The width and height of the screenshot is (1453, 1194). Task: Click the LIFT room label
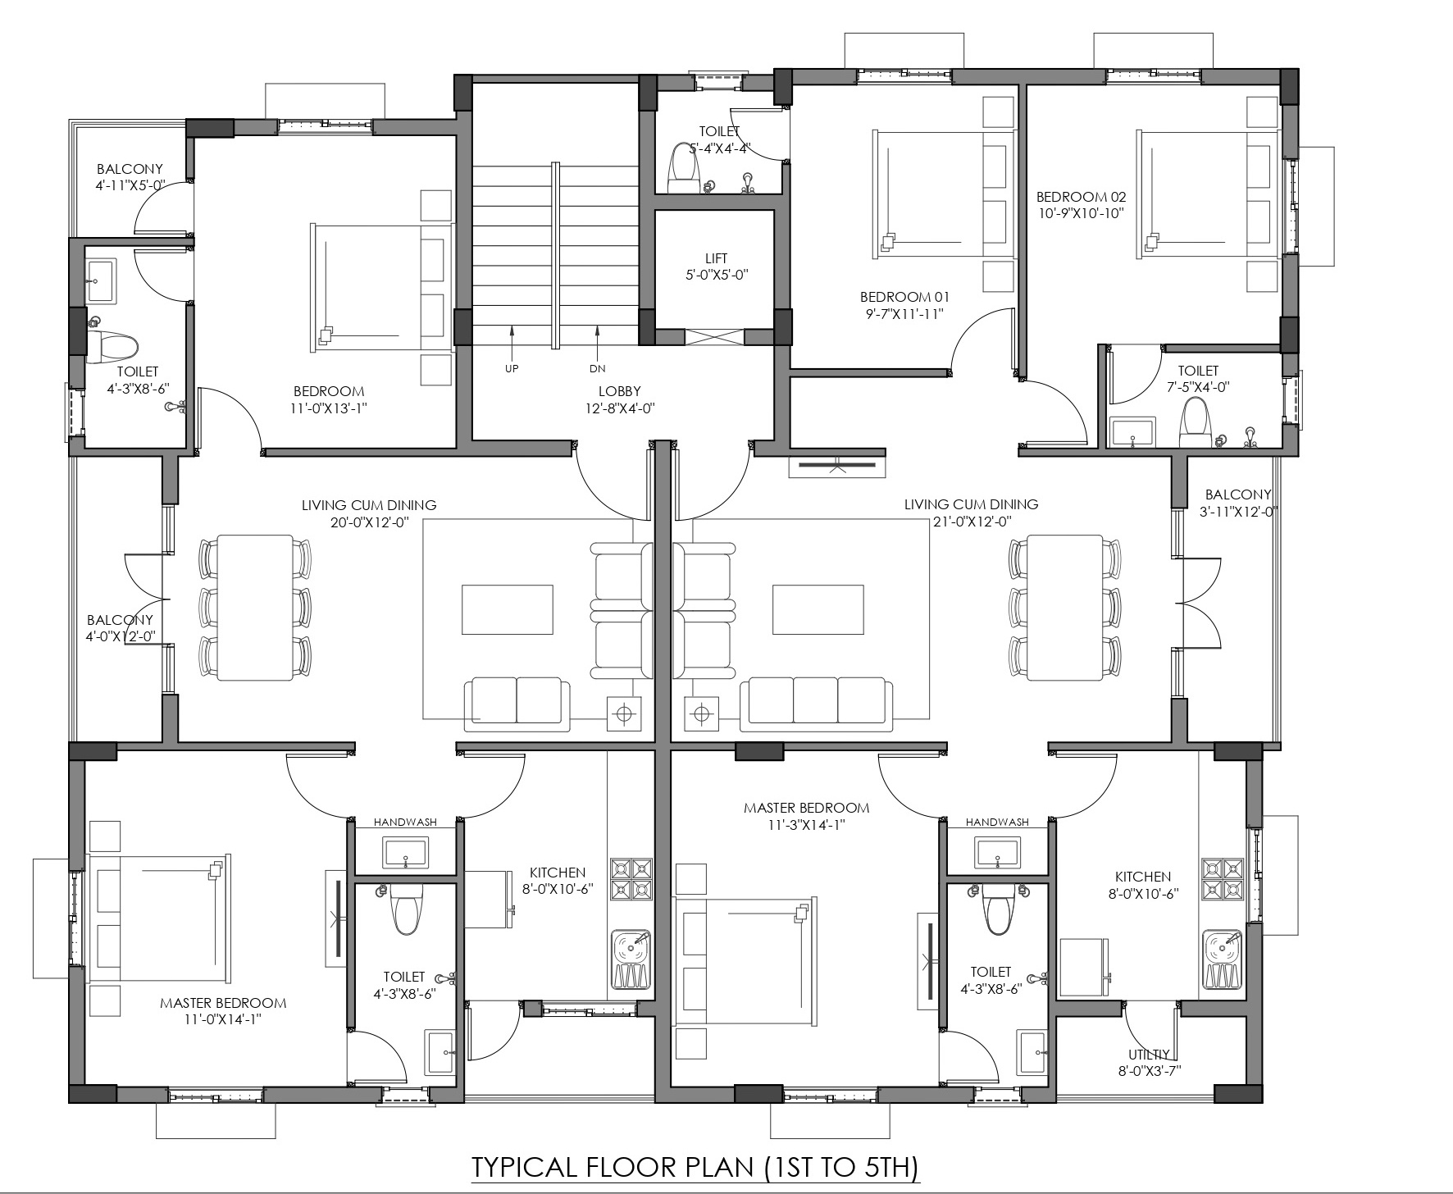(x=716, y=258)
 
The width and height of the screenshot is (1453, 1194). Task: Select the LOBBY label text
(x=619, y=391)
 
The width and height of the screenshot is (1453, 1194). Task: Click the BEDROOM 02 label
(x=1081, y=197)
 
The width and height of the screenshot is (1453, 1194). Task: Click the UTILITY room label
(x=1148, y=1055)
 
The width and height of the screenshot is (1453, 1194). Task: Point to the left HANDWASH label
(x=405, y=822)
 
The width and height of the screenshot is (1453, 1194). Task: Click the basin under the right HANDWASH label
(x=997, y=852)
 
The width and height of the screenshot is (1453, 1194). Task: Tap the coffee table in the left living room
(x=508, y=609)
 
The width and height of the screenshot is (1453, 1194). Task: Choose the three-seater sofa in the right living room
(x=816, y=704)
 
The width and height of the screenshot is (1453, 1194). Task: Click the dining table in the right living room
(x=1064, y=607)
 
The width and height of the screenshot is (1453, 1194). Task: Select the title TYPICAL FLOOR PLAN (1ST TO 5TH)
(x=695, y=1167)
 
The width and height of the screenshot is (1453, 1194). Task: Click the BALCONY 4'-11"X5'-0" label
(x=130, y=177)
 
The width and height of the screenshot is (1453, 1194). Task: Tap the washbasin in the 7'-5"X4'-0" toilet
(x=1132, y=432)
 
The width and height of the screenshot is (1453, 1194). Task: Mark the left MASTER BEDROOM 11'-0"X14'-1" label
(x=223, y=1011)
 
